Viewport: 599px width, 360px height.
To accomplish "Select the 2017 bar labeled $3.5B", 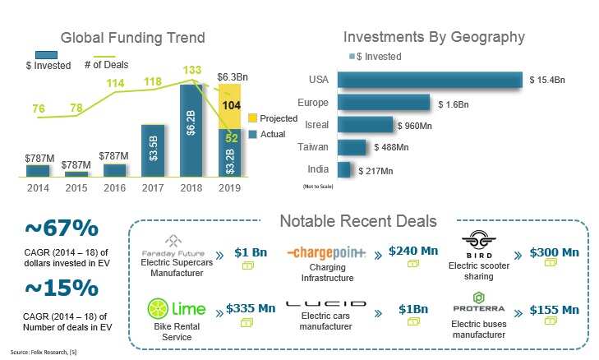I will click(153, 150).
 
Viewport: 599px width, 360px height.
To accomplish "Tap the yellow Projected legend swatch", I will click(253, 118).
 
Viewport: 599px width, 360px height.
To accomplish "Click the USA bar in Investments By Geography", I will click(430, 80).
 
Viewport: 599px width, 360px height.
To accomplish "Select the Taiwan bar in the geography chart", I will click(352, 147).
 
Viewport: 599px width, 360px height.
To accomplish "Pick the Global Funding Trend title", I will click(133, 38).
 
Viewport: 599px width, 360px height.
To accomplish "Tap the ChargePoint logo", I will click(328, 253).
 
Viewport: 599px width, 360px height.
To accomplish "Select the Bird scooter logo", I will click(479, 242).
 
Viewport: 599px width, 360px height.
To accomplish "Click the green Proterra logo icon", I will click(478, 296).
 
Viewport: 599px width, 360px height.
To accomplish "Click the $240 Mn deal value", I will click(413, 251).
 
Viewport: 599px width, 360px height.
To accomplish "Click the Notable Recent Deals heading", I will click(358, 221).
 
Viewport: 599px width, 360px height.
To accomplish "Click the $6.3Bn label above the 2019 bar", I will click(233, 76).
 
